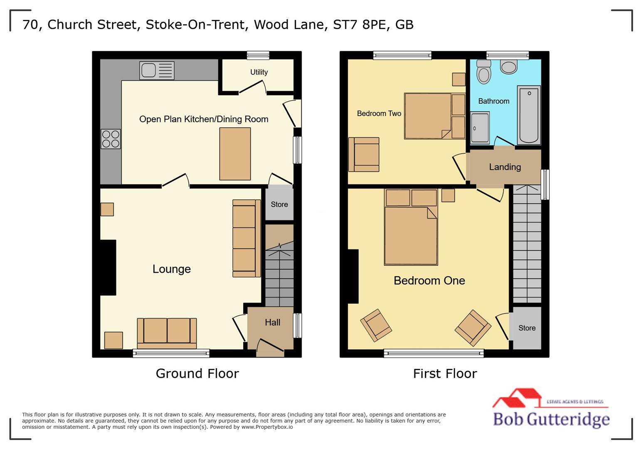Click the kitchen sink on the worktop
click(x=157, y=70)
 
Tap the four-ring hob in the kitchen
click(x=111, y=139)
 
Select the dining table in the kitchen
click(x=235, y=153)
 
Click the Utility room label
click(x=259, y=72)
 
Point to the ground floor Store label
click(x=279, y=205)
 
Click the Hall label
click(x=272, y=323)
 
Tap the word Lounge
click(x=171, y=269)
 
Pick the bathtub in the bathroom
click(x=528, y=115)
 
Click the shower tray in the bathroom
click(x=480, y=128)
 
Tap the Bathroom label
click(x=494, y=101)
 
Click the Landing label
click(x=505, y=167)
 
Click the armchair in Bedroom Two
click(x=364, y=155)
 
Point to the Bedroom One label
click(x=429, y=281)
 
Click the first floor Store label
click(x=527, y=328)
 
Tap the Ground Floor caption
click(x=197, y=373)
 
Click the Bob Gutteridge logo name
click(x=551, y=419)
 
